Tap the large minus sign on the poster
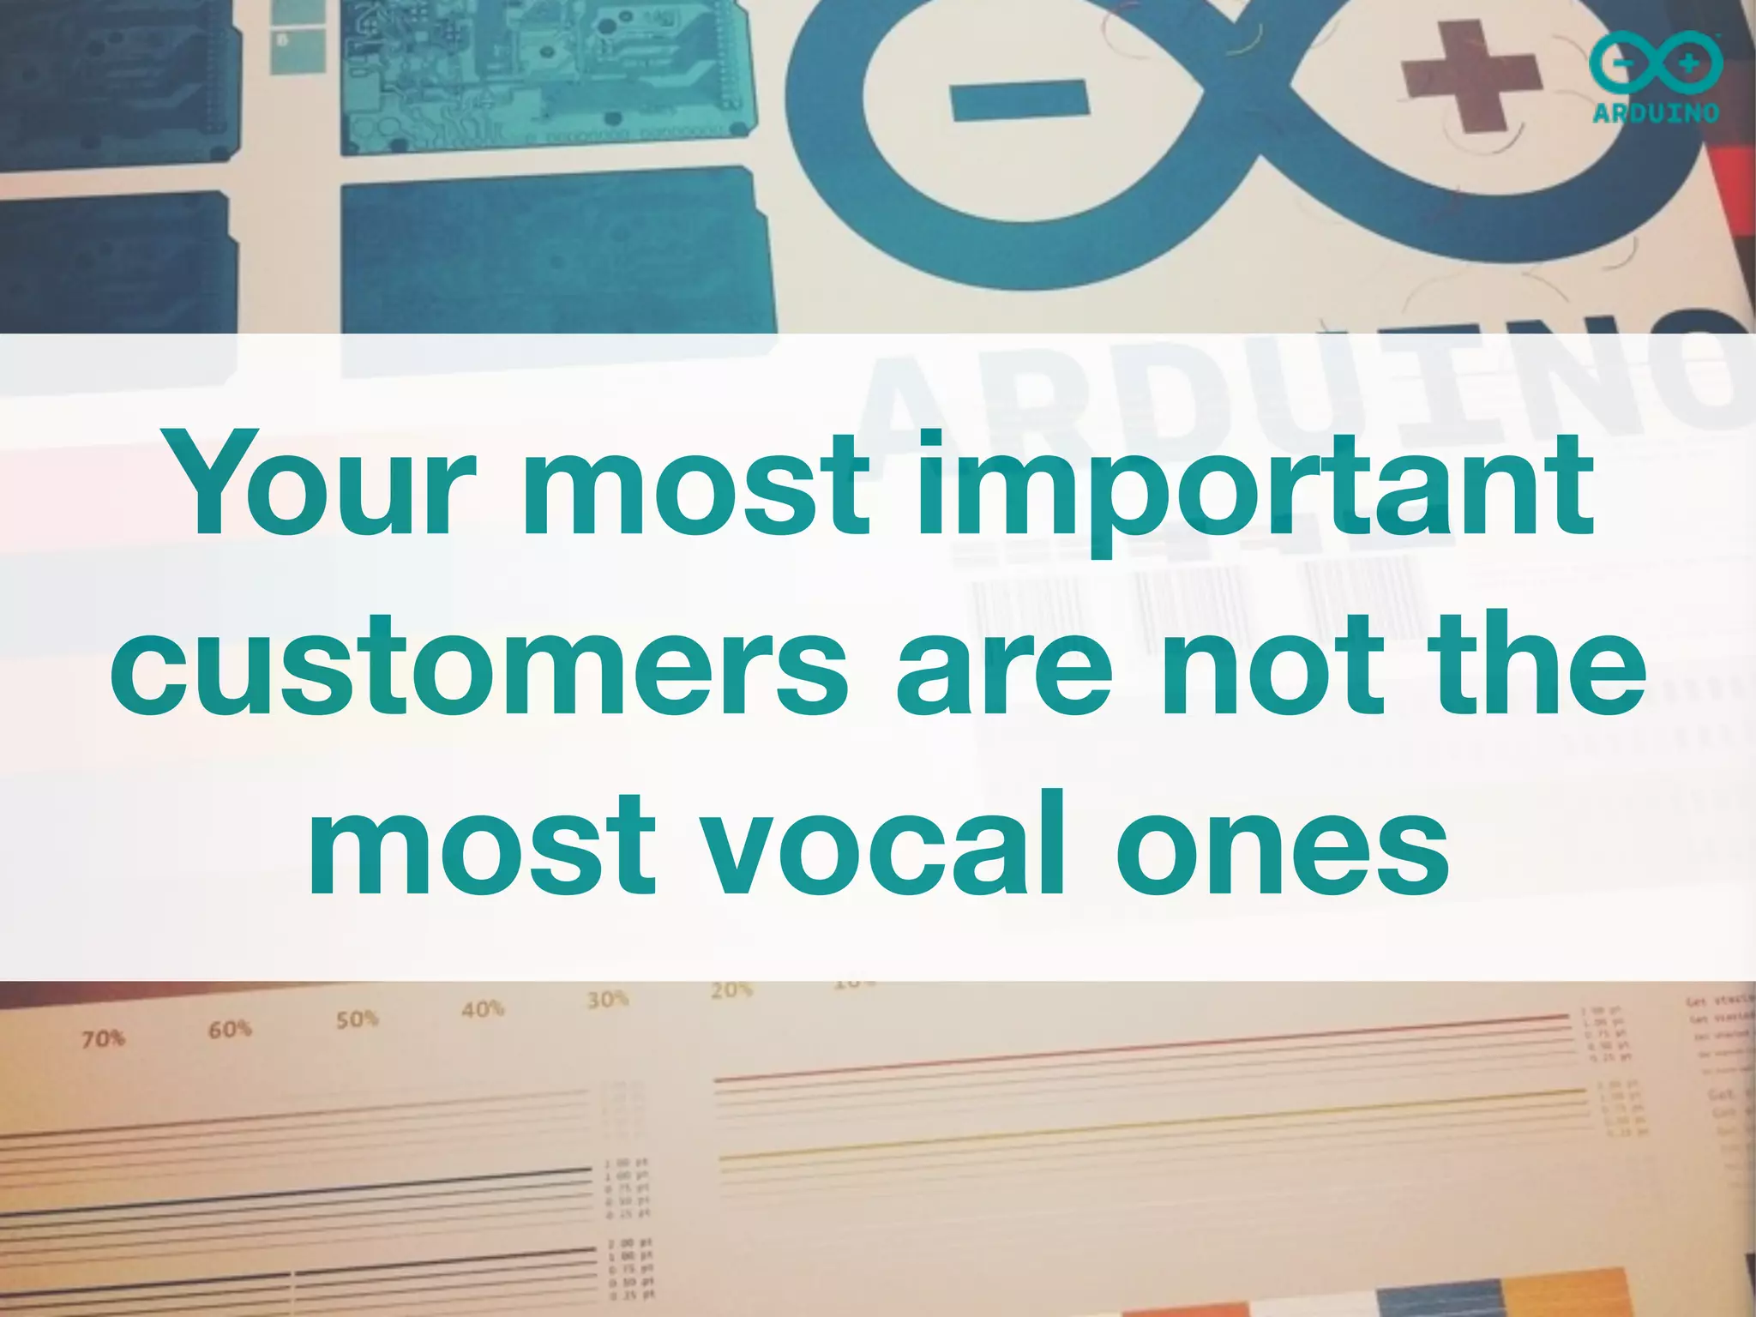pyautogui.click(x=1019, y=99)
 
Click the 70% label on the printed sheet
pyautogui.click(x=104, y=1039)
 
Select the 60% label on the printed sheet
pyautogui.click(x=230, y=1029)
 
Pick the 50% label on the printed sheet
pyautogui.click(x=357, y=1019)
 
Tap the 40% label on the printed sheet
pyautogui.click(x=483, y=1008)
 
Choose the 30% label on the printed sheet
pyautogui.click(x=608, y=999)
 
